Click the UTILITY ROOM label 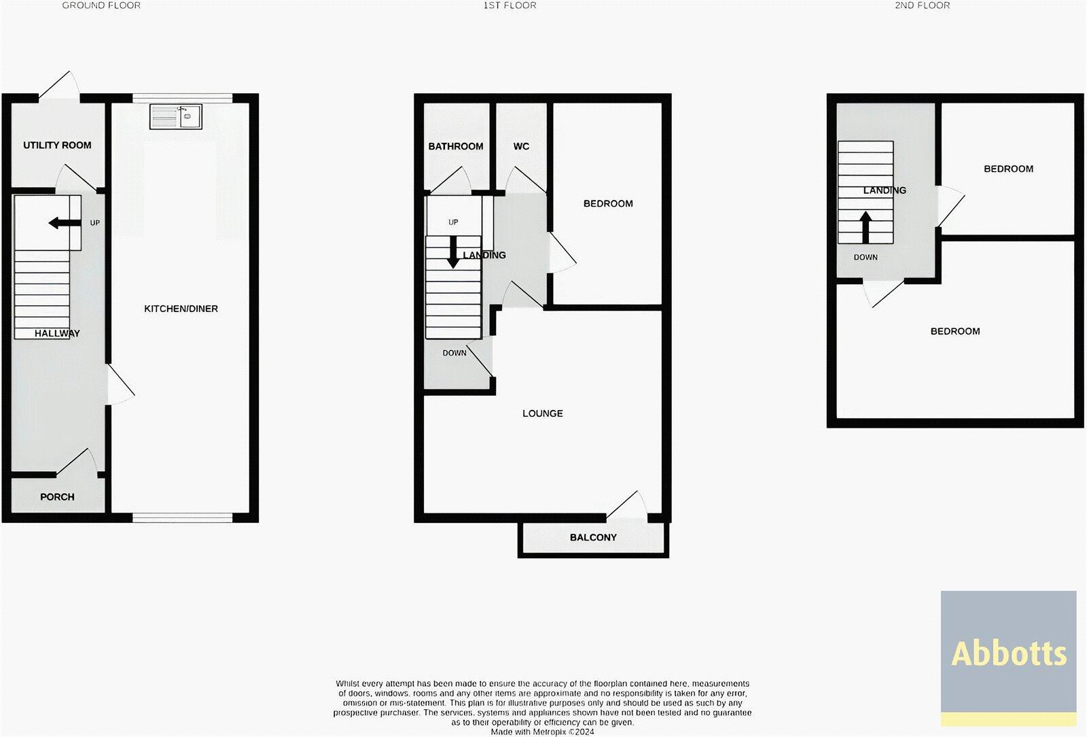coord(57,145)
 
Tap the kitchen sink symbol coord(175,117)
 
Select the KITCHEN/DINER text coord(181,309)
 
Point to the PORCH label coord(57,497)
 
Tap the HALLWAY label coord(57,333)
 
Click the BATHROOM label coord(455,146)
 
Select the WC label coord(521,146)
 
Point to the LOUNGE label coord(542,413)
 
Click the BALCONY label coord(593,537)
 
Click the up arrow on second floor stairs coord(866,226)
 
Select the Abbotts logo coord(1008,653)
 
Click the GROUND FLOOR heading coord(101,5)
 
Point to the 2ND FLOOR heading coord(922,5)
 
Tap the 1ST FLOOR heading coord(510,5)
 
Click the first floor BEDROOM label coord(608,203)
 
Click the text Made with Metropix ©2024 coord(542,732)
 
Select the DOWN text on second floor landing coord(866,258)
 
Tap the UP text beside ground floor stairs coord(94,222)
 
